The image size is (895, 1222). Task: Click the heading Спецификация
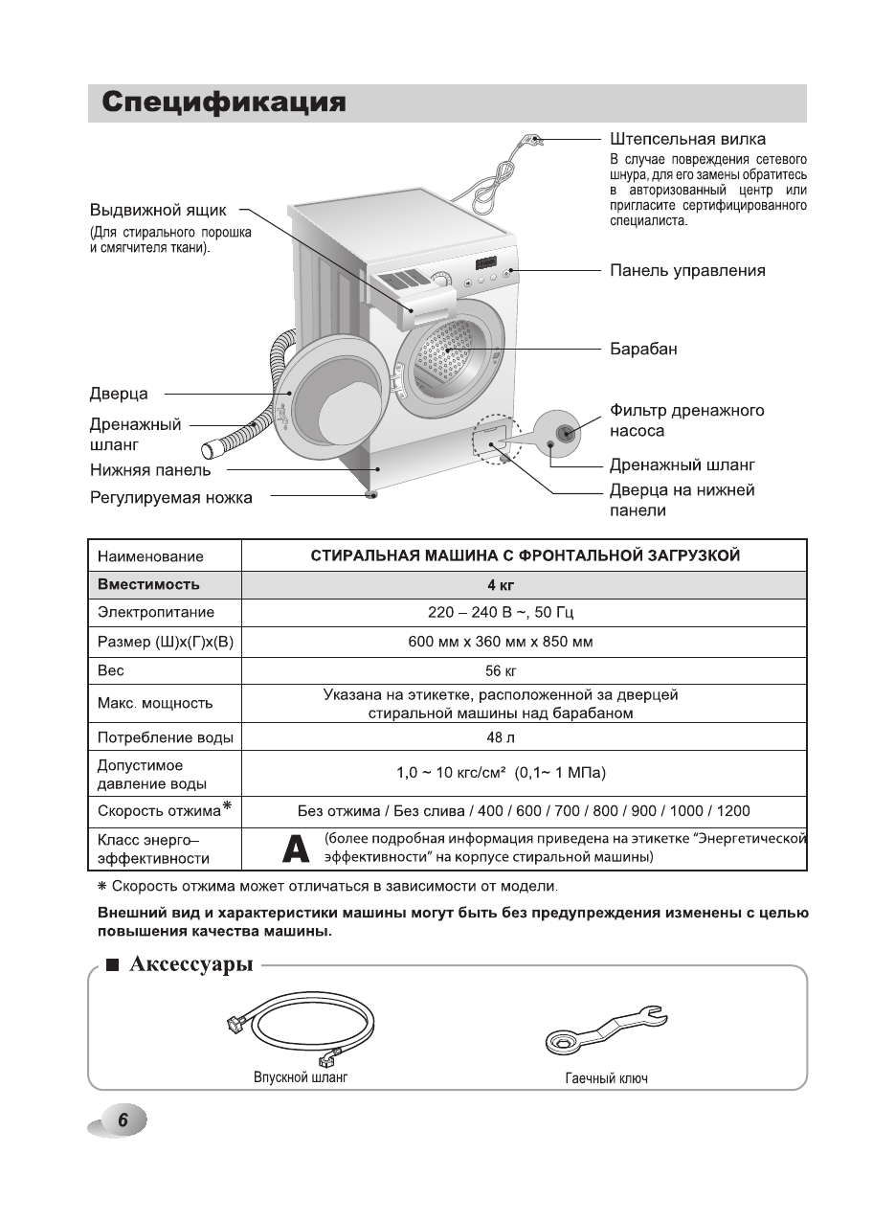pos(224,103)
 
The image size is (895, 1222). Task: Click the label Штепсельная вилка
pos(687,140)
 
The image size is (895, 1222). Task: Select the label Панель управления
pos(687,271)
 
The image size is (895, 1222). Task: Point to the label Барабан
pos(643,350)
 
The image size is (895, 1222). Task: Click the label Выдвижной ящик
pos(158,210)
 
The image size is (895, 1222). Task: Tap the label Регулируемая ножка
pos(171,498)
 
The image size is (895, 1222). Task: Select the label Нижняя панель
pos(150,470)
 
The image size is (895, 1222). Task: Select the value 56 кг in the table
pos(501,671)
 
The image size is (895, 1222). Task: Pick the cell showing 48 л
pos(501,738)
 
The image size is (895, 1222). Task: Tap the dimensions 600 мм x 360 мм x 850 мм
pos(501,642)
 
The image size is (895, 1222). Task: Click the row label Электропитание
pos(156,613)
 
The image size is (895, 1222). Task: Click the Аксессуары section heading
pos(190,964)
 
